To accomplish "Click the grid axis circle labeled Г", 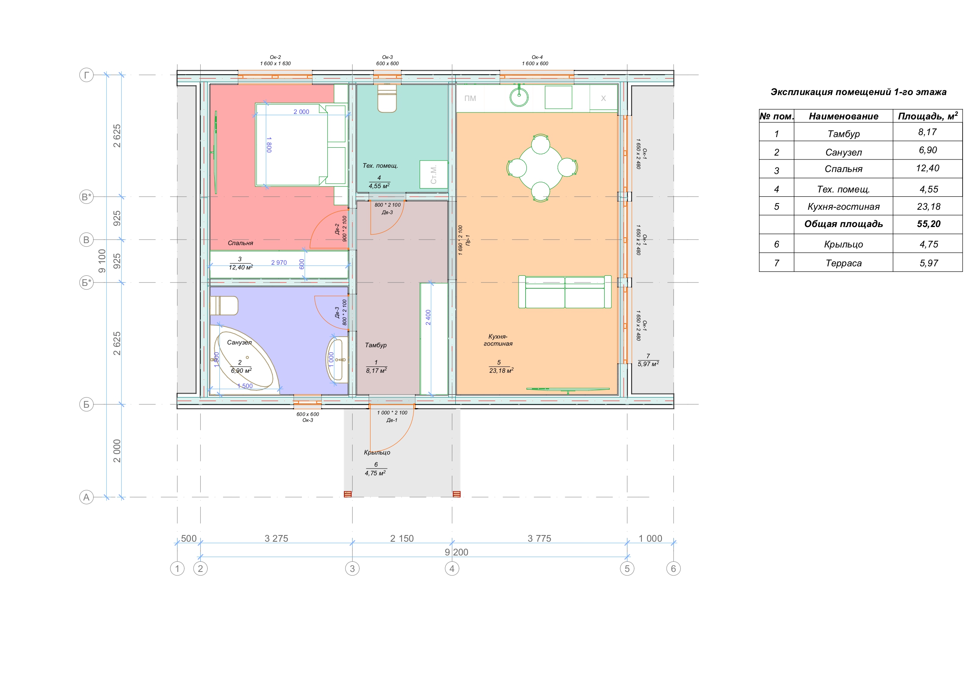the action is [x=86, y=75].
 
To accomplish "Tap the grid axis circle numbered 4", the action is [x=452, y=568].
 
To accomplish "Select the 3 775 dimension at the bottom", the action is [x=539, y=538].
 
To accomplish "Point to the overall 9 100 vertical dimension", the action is [x=102, y=261].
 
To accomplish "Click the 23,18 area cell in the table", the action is [x=928, y=207].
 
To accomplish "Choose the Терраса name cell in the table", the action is [x=843, y=263].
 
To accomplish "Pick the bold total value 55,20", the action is [x=928, y=224].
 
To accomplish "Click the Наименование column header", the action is [x=843, y=116].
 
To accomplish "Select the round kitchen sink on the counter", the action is [x=519, y=97].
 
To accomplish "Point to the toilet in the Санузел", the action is [x=224, y=306].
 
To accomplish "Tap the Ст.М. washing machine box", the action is [x=433, y=174].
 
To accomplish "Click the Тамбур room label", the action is [x=376, y=345].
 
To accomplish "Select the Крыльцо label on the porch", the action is [x=377, y=453].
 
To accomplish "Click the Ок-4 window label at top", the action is [x=537, y=57].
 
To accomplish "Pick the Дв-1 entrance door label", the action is [x=392, y=420].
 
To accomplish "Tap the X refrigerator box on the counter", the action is [x=603, y=99].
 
